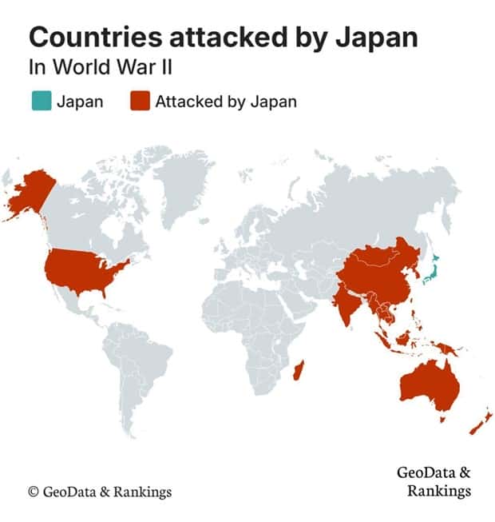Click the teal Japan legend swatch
[x=41, y=102]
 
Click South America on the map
[x=140, y=368]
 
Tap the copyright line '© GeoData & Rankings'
[x=100, y=491]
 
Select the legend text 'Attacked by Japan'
[x=225, y=102]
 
